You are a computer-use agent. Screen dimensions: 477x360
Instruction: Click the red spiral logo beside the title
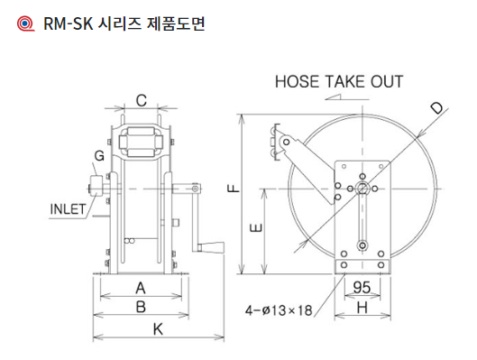pos(25,23)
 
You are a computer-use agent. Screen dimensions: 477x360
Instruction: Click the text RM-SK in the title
pos(69,23)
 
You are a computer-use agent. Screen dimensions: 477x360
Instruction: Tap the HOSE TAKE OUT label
pos(339,81)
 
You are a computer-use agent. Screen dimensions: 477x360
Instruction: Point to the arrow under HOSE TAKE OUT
pos(346,97)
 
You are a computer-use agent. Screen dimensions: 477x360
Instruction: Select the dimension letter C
pos(142,100)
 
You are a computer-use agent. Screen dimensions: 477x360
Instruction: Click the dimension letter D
pos(437,107)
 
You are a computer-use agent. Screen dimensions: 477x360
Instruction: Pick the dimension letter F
pos(234,189)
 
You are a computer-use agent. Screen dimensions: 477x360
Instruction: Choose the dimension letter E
pos(256,227)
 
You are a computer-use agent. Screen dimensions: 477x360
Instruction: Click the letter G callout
pos(99,156)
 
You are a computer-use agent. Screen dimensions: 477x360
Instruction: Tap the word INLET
pos(68,209)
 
